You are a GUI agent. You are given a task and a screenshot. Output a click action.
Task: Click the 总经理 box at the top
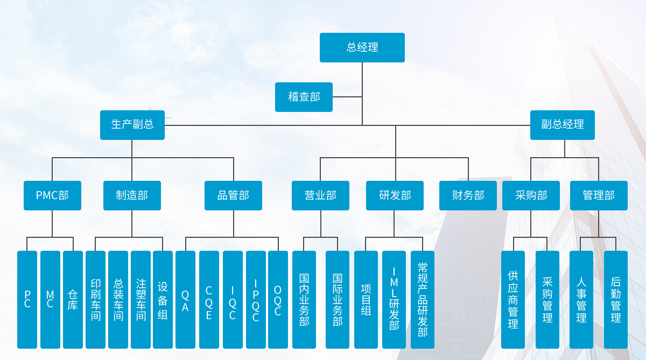362,47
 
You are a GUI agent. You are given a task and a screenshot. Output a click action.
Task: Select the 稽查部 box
304,97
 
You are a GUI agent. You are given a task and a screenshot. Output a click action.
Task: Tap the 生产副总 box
132,125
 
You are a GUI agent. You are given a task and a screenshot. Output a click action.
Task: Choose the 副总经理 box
563,125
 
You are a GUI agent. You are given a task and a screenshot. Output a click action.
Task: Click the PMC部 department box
52,195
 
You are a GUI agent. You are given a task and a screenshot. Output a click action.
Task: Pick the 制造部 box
132,195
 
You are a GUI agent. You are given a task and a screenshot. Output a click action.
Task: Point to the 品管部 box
233,195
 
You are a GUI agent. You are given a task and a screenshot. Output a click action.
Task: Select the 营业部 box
320,195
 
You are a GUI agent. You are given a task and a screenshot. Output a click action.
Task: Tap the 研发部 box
395,195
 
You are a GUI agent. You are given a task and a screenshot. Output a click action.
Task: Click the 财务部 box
468,195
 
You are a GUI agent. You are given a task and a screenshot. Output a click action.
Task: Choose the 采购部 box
531,195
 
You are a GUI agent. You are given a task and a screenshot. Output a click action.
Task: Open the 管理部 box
599,195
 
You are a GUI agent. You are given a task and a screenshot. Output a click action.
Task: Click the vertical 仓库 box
73,299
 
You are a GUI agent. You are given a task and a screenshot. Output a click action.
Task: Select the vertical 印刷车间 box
96,299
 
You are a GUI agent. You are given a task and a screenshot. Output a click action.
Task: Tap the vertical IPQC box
256,299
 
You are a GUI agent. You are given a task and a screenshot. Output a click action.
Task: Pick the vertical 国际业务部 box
338,299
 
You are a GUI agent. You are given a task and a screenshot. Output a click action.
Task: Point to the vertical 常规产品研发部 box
423,299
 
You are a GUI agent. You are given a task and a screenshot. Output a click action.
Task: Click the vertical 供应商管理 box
513,299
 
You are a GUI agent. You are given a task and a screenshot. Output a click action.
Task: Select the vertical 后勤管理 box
616,299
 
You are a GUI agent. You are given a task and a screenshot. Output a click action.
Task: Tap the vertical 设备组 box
163,299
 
